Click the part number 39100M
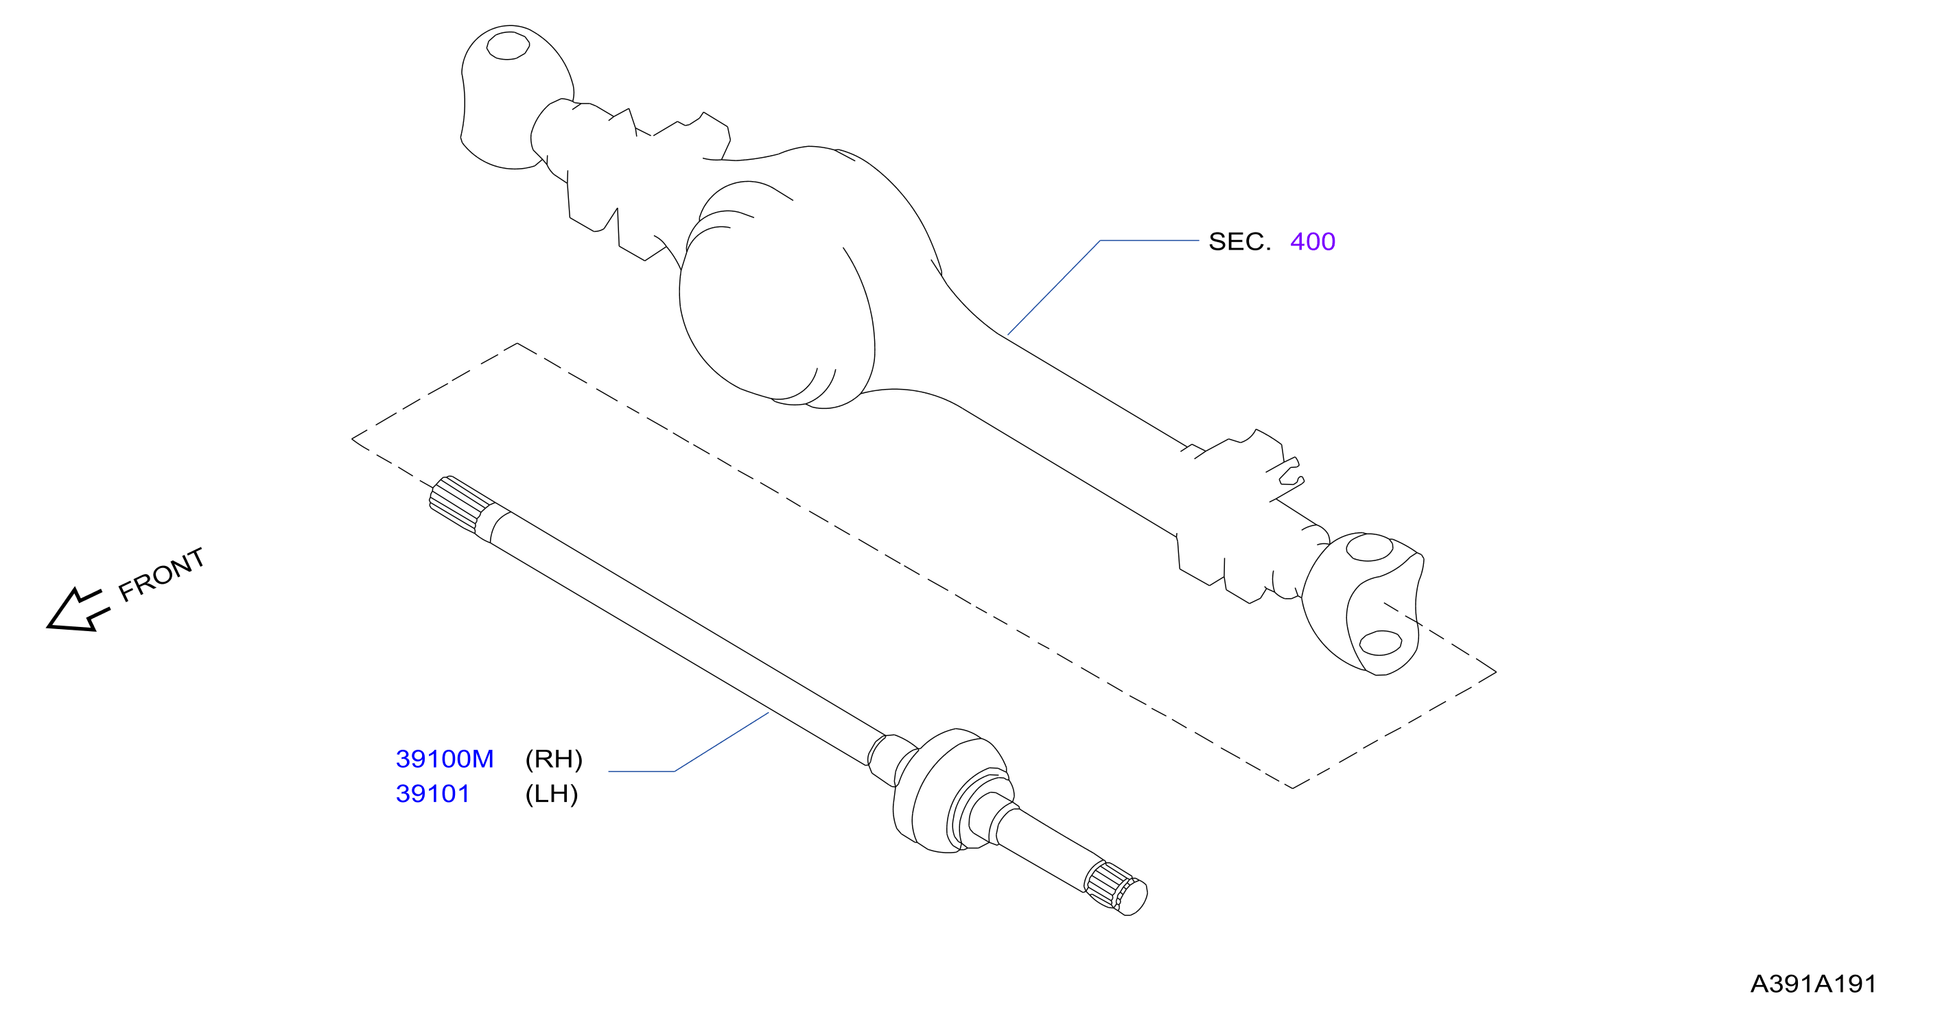point(444,759)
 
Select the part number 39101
point(433,794)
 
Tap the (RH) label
point(554,759)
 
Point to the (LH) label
point(551,794)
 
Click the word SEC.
point(1239,241)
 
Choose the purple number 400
point(1312,241)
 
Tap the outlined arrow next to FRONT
point(78,609)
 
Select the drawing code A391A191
point(1813,984)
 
